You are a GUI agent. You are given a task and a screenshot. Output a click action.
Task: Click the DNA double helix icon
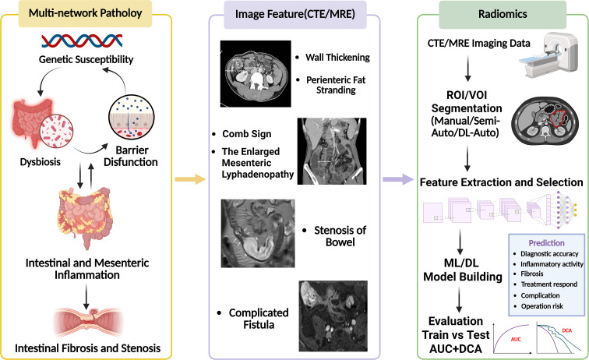(82, 41)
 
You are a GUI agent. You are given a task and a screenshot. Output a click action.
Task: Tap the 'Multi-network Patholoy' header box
(85, 13)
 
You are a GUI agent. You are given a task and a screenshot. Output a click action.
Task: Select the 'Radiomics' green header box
(503, 14)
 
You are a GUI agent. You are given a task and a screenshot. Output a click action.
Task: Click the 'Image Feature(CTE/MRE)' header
(294, 14)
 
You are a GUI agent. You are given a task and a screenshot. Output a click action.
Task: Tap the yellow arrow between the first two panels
(190, 179)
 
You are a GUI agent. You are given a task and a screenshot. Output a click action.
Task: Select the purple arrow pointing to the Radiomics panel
(398, 179)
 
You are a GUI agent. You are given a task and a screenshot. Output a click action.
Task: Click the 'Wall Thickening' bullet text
(337, 58)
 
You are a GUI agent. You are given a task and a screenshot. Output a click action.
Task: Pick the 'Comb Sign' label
(246, 134)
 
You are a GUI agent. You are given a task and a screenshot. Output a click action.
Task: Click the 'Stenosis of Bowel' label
(340, 236)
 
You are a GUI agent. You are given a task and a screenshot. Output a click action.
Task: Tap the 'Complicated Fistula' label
(259, 319)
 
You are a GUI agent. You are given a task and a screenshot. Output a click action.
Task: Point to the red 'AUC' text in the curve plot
(516, 339)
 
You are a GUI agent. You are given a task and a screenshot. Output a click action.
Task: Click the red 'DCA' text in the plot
(567, 330)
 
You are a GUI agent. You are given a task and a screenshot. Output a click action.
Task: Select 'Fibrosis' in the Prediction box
(532, 274)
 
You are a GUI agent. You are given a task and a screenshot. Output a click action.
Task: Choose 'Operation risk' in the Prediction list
(541, 306)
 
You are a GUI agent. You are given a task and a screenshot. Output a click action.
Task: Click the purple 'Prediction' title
(547, 243)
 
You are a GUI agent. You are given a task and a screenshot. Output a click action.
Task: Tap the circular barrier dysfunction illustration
(131, 118)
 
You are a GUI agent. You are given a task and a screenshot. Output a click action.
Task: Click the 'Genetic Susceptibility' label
(86, 59)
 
